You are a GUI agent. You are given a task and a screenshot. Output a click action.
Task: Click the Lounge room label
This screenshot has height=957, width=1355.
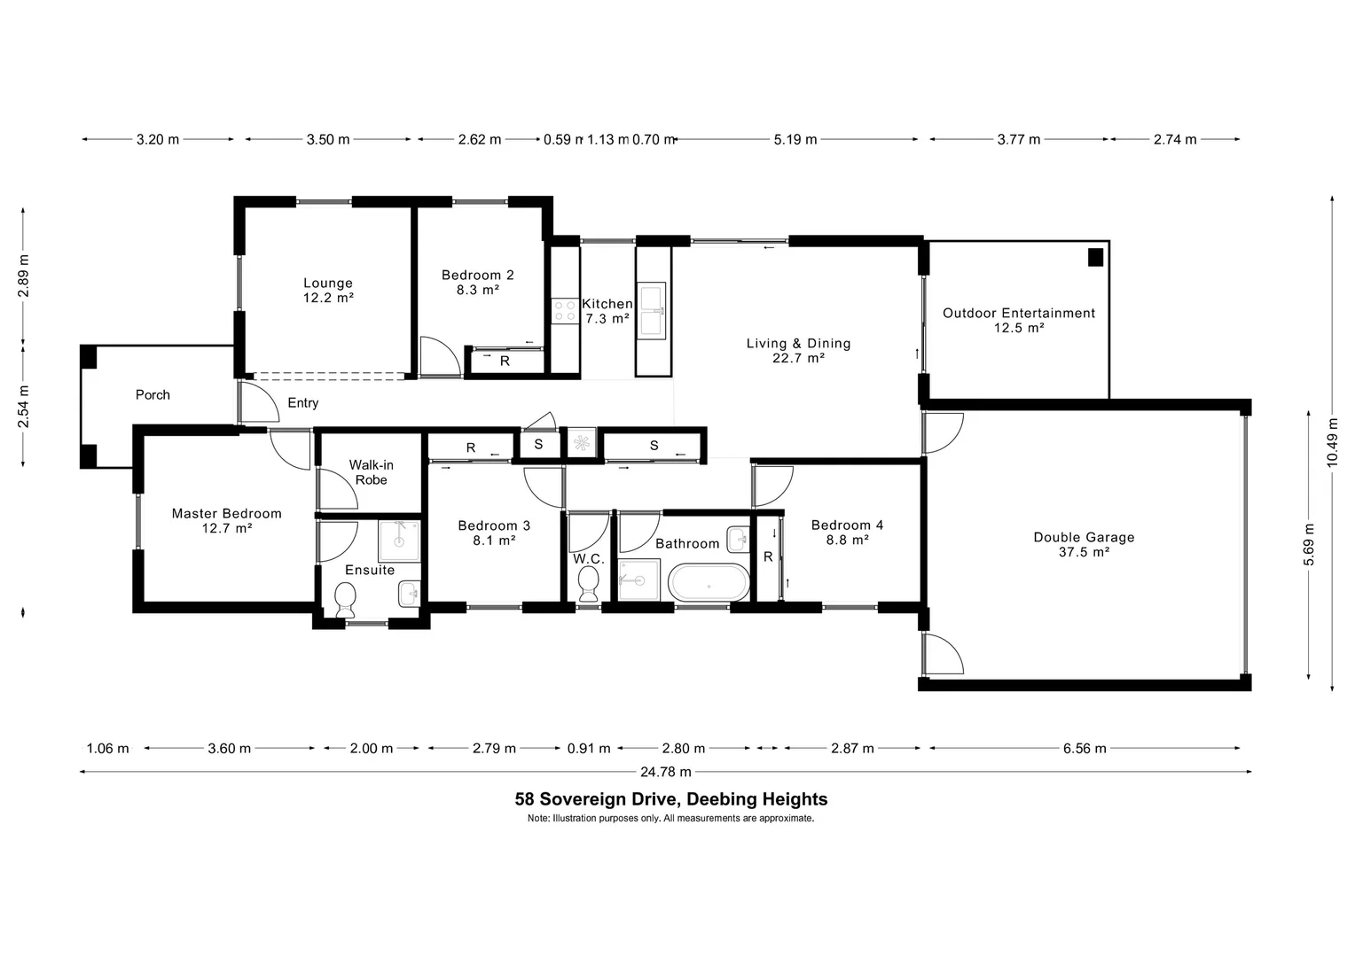coord(328,291)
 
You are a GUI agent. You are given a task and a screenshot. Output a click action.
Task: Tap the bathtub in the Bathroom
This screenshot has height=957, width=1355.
coord(709,583)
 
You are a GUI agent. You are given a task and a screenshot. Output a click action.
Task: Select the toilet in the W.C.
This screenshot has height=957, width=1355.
coord(588,584)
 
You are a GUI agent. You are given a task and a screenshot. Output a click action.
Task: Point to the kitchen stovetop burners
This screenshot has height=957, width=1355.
coord(565,310)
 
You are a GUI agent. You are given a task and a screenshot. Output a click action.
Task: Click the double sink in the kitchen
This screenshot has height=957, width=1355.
coord(651,310)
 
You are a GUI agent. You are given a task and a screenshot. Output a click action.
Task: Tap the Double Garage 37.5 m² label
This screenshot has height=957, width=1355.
coord(1084,544)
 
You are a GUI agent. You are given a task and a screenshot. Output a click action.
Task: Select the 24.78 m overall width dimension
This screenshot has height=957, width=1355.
coord(667,772)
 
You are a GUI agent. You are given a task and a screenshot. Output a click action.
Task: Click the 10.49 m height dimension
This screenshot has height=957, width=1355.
coord(1332,443)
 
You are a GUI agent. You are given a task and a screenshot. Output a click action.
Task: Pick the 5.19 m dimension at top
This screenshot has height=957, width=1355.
coord(795,139)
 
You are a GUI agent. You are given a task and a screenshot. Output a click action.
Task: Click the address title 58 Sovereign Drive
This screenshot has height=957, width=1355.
coord(671,799)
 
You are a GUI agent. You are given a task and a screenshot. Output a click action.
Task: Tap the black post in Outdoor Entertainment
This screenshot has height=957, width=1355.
coord(1096,258)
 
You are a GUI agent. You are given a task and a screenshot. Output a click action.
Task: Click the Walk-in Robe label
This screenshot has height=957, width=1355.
coord(371,472)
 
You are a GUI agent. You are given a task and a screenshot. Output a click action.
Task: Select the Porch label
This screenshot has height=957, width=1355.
coord(153,395)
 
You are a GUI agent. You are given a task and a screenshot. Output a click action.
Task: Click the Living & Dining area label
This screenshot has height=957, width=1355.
coord(798,350)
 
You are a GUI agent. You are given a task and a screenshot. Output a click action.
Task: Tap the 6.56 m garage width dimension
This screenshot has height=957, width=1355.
coord(1085,749)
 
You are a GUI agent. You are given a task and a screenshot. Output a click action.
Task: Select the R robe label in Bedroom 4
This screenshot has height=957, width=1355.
coord(768,557)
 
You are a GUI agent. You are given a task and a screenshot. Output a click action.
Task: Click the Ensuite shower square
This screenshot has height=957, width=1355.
coord(399,541)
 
